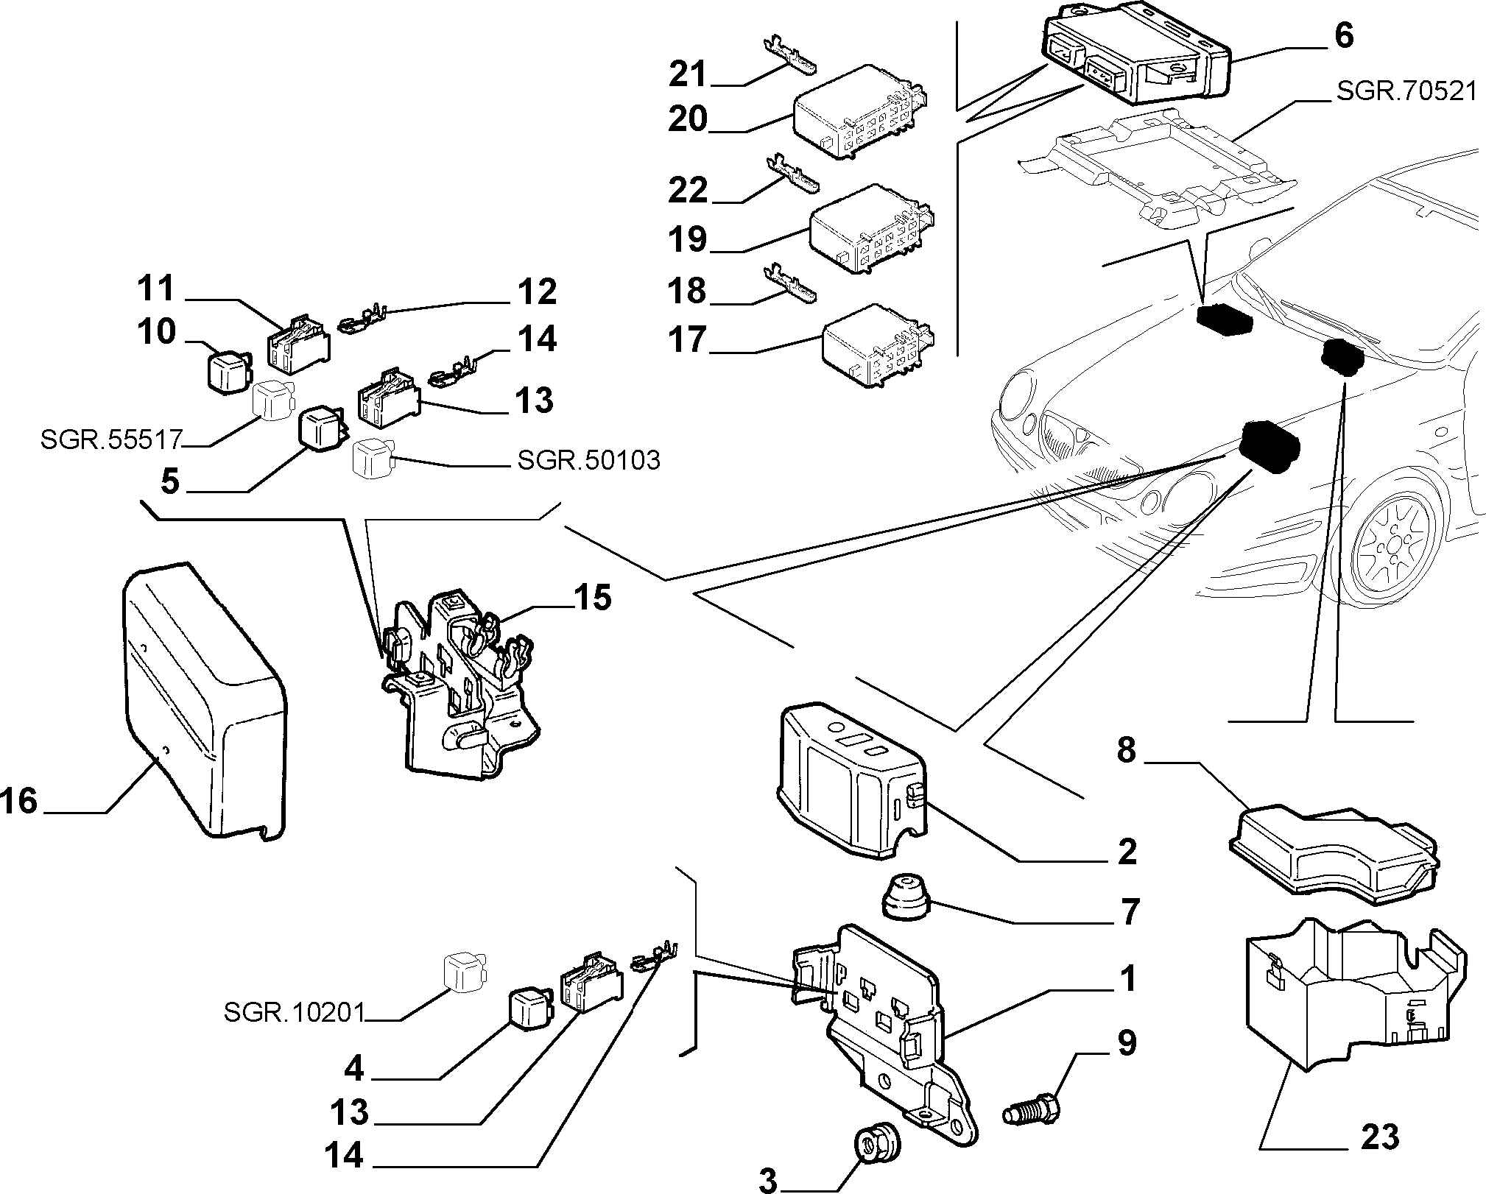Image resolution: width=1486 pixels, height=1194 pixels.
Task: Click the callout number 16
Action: [x=18, y=801]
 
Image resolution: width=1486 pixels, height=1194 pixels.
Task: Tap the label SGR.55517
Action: [x=111, y=440]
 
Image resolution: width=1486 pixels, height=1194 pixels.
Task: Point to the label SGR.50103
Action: [x=588, y=460]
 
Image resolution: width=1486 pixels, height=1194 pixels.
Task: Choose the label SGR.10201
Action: [x=295, y=1014]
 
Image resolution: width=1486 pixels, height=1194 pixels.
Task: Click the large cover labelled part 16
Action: [x=204, y=700]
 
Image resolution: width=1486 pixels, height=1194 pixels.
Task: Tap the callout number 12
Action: [x=538, y=292]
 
